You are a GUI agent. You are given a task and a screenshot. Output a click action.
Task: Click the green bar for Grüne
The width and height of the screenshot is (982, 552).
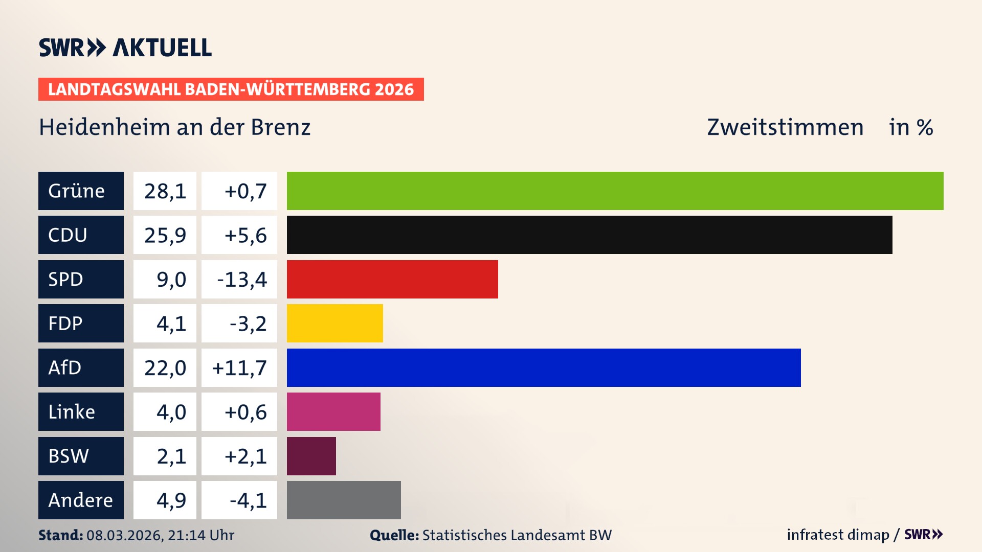pyautogui.click(x=615, y=191)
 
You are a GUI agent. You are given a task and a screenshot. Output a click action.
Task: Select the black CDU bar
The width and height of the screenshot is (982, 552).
pyautogui.click(x=589, y=235)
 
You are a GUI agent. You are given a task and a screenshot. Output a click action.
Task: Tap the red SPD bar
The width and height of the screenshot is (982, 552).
pyautogui.click(x=392, y=279)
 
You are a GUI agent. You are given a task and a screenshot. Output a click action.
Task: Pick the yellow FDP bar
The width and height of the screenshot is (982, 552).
pyautogui.click(x=334, y=323)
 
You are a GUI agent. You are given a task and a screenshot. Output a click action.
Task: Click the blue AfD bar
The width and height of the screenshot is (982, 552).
pyautogui.click(x=544, y=367)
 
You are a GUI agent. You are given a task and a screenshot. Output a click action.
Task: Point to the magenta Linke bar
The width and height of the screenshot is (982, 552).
pyautogui.click(x=333, y=411)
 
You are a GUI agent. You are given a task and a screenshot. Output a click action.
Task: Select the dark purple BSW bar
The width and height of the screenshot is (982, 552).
pyautogui.click(x=311, y=456)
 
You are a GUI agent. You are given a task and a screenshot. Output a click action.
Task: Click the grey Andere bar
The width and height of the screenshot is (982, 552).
pyautogui.click(x=344, y=500)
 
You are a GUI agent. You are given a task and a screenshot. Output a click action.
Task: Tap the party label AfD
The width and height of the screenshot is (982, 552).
pyautogui.click(x=65, y=367)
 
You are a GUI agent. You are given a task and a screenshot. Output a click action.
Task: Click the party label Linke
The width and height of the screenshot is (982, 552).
pyautogui.click(x=72, y=411)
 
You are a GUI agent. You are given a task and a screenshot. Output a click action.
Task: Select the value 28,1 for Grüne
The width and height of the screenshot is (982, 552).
pyautogui.click(x=165, y=191)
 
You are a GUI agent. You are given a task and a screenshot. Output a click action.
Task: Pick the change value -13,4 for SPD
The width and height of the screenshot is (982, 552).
pyautogui.click(x=242, y=280)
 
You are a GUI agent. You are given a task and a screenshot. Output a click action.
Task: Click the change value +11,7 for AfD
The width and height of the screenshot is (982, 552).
pyautogui.click(x=239, y=368)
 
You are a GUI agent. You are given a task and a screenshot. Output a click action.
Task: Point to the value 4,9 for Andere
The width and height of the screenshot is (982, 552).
pyautogui.click(x=171, y=500)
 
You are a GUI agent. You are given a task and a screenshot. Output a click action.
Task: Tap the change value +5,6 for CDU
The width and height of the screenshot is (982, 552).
pyautogui.click(x=245, y=235)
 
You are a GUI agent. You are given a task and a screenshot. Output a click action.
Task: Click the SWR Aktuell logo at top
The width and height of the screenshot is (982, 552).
pyautogui.click(x=125, y=48)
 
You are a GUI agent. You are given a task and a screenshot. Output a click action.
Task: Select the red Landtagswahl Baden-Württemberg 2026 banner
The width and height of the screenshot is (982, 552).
pyautogui.click(x=231, y=89)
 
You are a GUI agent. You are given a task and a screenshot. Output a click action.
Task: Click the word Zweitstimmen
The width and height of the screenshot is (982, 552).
pyautogui.click(x=785, y=127)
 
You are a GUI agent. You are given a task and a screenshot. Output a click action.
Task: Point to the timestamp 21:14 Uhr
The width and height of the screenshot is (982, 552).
pyautogui.click(x=201, y=535)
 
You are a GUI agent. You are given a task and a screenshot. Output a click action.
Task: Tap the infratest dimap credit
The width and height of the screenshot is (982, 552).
pyautogui.click(x=838, y=535)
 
